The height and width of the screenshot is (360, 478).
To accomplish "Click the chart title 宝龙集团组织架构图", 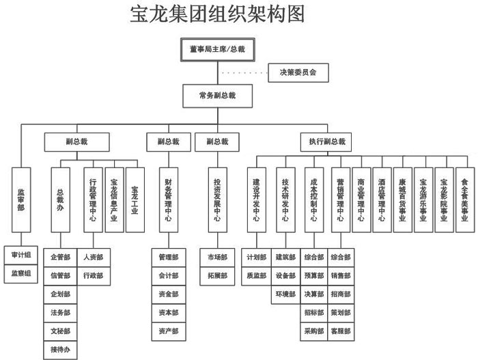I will (x=216, y=14).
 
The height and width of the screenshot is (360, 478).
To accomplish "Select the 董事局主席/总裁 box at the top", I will (x=218, y=50).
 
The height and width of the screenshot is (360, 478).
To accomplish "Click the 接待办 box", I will (x=60, y=350).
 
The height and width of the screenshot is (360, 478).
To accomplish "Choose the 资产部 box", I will (x=168, y=332).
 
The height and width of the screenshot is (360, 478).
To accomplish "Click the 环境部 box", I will (x=285, y=294).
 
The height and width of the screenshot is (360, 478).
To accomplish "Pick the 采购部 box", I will (x=313, y=332).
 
